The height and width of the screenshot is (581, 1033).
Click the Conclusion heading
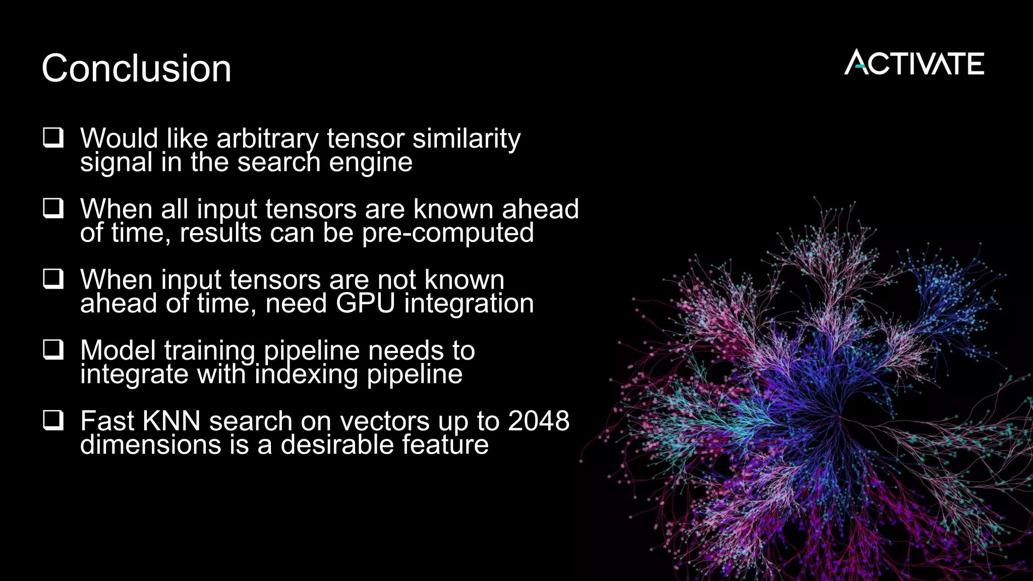pos(136,68)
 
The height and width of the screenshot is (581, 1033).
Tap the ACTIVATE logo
pos(914,63)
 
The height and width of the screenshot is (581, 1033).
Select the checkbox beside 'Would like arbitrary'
pos(53,137)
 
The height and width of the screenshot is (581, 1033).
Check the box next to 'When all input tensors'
pos(53,208)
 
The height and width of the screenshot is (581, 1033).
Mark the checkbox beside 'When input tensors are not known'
pos(53,278)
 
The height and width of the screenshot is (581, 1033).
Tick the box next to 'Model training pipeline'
pos(53,349)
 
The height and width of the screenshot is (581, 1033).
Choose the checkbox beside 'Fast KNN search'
pos(53,420)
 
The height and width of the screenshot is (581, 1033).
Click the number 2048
pos(539,421)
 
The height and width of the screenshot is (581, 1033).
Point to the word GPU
pos(365,304)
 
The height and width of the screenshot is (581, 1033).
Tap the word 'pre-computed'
pos(448,233)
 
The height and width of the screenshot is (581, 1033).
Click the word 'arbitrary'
pos(267,139)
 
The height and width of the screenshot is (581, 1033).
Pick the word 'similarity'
pos(467,139)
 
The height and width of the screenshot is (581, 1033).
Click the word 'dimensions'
pos(151,445)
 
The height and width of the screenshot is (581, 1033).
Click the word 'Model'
pos(118,350)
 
